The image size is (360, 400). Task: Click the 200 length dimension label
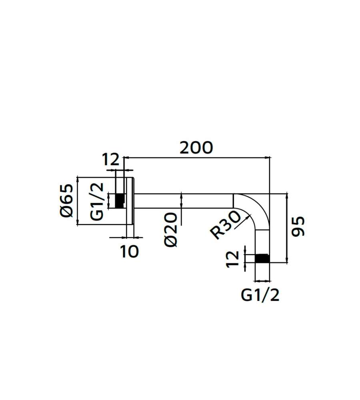[x=196, y=148]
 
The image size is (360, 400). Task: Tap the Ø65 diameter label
[x=67, y=200]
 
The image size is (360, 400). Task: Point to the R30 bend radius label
[x=225, y=226]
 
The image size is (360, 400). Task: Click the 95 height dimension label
[x=298, y=226]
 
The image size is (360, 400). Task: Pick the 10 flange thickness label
[x=129, y=252]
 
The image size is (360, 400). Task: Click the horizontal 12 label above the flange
[x=110, y=160]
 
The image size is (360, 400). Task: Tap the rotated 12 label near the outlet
[x=233, y=259]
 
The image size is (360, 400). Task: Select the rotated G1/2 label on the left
[x=97, y=201]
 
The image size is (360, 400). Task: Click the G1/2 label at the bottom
[x=260, y=295]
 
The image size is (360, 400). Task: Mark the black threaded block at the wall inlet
[x=120, y=201]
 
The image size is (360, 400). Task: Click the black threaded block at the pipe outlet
[x=262, y=258]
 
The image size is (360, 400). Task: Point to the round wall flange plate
[x=130, y=201]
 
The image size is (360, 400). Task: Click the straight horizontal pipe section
[x=183, y=201]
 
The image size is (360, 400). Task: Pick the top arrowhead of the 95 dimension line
[x=287, y=196]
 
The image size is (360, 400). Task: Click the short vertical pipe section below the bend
[x=262, y=242]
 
